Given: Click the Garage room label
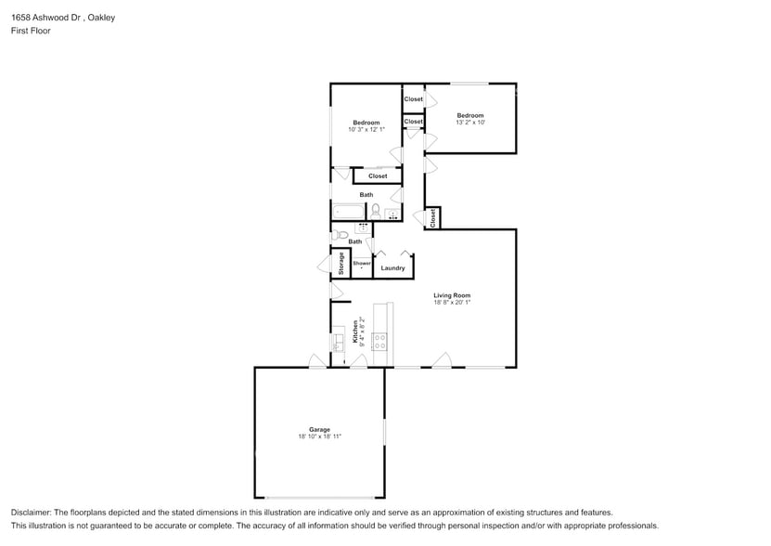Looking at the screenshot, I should point(319,429).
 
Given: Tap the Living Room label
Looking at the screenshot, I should point(452,295).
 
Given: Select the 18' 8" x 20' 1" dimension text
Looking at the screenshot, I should point(452,303).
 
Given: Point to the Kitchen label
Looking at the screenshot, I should point(354,332).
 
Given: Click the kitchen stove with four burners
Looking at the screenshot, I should point(379,341).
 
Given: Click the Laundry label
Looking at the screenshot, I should point(392,268).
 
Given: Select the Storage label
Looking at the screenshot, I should point(341,264).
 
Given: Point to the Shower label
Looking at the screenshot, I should point(361,263).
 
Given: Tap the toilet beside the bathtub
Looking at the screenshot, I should point(376,212).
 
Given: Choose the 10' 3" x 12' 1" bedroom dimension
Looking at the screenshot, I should point(366,130).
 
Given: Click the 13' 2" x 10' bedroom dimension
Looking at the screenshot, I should point(469,123).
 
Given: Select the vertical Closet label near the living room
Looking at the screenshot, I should point(432,217).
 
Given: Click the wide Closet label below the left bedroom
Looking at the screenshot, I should point(378,175).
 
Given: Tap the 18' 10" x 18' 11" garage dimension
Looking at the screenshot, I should point(319,436).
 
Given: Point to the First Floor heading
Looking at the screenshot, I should point(31,31).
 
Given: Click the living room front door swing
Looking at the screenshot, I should point(442,360).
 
